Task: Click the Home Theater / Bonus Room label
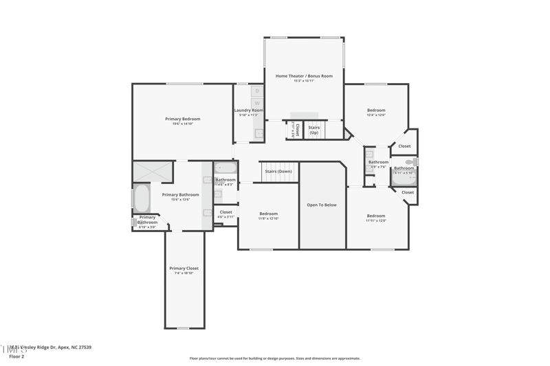coord(304,76)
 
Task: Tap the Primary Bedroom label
coord(182,119)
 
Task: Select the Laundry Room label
coord(248,110)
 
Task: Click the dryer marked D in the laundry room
coord(257,91)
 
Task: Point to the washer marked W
coord(257,104)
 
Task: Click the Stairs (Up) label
coord(313,130)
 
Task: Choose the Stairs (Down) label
coord(278,171)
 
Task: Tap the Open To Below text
coord(322,205)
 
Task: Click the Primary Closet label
coord(184,268)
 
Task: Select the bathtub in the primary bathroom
coord(142,199)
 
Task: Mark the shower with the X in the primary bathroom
coord(152,171)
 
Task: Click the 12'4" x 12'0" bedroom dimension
coord(376,115)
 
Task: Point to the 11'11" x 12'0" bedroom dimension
coord(376,220)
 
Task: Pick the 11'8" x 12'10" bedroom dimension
coord(268,218)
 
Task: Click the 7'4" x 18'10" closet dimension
coord(184,273)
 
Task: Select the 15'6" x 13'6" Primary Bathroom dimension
coord(180,199)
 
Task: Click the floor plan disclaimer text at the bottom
coord(275,358)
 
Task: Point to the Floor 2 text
coord(16,356)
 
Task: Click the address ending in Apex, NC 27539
coord(52,347)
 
